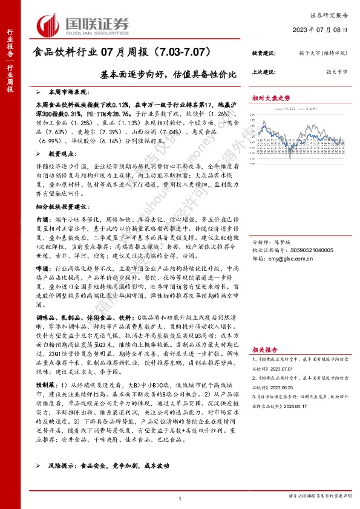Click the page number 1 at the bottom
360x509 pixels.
(x=180, y=497)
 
